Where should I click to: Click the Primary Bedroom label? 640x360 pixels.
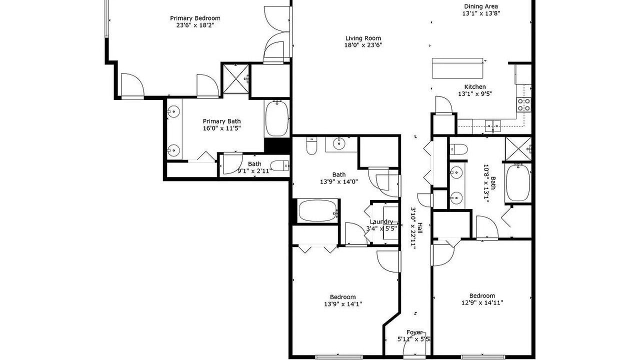coord(195,18)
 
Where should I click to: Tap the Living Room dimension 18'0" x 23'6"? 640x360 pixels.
coord(363,45)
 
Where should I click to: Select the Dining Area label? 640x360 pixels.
coord(481,6)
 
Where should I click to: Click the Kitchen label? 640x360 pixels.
coord(475,87)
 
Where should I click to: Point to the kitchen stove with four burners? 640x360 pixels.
coord(524,104)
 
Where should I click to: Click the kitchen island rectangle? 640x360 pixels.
coord(457,68)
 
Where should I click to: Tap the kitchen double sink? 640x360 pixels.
coord(493,125)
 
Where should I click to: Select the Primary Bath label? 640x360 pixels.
coord(221,121)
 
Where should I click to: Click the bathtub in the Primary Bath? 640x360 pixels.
coord(277,118)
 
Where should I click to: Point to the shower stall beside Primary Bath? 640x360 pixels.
coord(235,79)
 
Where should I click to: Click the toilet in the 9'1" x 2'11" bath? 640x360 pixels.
coord(279,165)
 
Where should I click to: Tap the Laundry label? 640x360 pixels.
coord(381,221)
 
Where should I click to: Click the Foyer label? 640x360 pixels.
coord(414,332)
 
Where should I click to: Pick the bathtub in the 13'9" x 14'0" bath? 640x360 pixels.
coord(317,210)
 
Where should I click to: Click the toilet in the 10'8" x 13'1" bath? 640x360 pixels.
coord(458,149)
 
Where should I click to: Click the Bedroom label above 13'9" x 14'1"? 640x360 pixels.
coord(343,297)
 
